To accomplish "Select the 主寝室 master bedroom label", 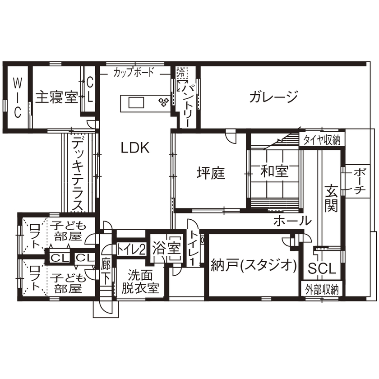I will (56, 97).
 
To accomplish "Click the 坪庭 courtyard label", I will (210, 173).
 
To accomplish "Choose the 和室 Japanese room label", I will (274, 171).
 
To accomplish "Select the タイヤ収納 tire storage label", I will (322, 139).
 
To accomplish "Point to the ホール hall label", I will (292, 221).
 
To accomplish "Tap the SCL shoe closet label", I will (322, 269).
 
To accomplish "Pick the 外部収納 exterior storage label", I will (322, 289).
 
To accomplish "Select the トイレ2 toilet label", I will (131, 249).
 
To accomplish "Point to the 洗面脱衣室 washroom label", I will (139, 282).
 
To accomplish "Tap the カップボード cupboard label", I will (134, 72).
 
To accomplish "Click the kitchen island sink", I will (136, 103).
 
